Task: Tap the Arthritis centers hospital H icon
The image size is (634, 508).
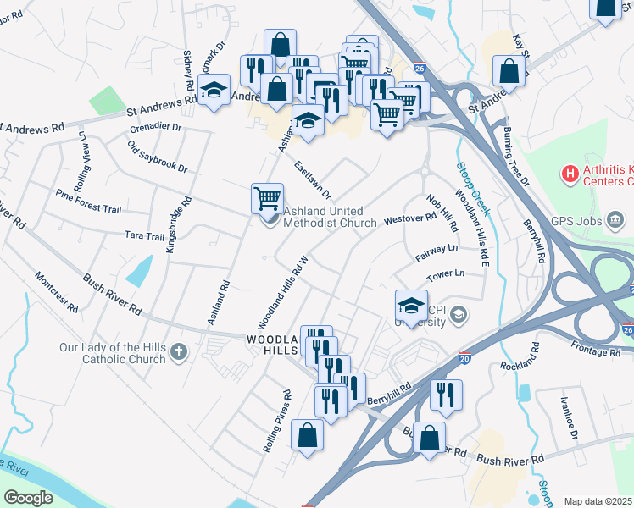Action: pos(570,175)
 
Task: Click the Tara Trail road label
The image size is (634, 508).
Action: pos(143,236)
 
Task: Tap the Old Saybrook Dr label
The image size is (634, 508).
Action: pos(158,157)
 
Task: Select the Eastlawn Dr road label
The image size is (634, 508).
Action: pos(313,179)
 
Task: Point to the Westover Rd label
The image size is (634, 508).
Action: pos(409,218)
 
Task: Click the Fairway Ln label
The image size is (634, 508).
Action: pos(437,251)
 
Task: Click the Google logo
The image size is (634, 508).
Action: pos(28,497)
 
